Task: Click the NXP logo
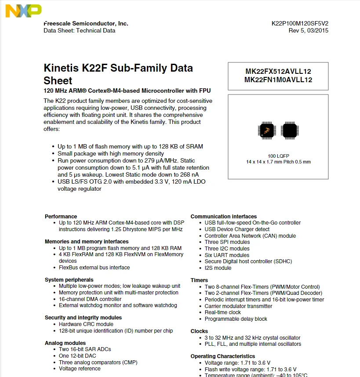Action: pyautogui.click(x=24, y=11)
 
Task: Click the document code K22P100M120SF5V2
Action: pyautogui.click(x=300, y=24)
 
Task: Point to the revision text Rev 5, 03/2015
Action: pyautogui.click(x=308, y=31)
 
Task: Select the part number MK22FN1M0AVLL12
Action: pyautogui.click(x=278, y=80)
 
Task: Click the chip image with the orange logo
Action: pyautogui.click(x=266, y=130)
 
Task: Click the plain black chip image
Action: pyautogui.click(x=290, y=130)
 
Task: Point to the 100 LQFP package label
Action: pyautogui.click(x=278, y=156)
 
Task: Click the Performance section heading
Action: pyautogui.click(x=61, y=217)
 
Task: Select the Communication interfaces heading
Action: pyautogui.click(x=223, y=217)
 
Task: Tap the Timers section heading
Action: pyautogui.click(x=199, y=280)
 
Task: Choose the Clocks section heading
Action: pyautogui.click(x=199, y=331)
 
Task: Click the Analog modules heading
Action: pyautogui.click(x=65, y=343)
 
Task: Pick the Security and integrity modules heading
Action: pyautogui.click(x=83, y=318)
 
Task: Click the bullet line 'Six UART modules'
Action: pyautogui.click(x=227, y=255)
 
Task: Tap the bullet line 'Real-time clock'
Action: pyautogui.click(x=223, y=312)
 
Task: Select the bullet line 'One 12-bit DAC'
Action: pyautogui.click(x=77, y=356)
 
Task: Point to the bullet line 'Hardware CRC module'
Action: pyautogui.click(x=86, y=324)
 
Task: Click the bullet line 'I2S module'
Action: pyautogui.click(x=218, y=268)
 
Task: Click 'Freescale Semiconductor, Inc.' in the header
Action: pyautogui.click(x=86, y=24)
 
